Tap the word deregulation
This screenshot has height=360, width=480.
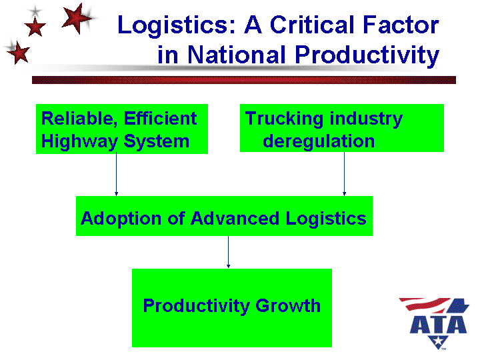pos(319,141)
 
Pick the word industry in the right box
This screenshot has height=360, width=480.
pos(365,119)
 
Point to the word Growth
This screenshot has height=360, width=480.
pos(289,306)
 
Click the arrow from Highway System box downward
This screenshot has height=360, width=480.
pos(117,174)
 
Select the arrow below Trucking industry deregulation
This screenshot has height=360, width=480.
pos(344,174)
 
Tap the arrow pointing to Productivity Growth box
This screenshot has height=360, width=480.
pos(229,252)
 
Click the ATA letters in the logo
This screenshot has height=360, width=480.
pos(437,324)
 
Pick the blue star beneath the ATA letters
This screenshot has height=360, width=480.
pos(438,343)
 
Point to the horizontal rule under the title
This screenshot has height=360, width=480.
pos(243,79)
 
